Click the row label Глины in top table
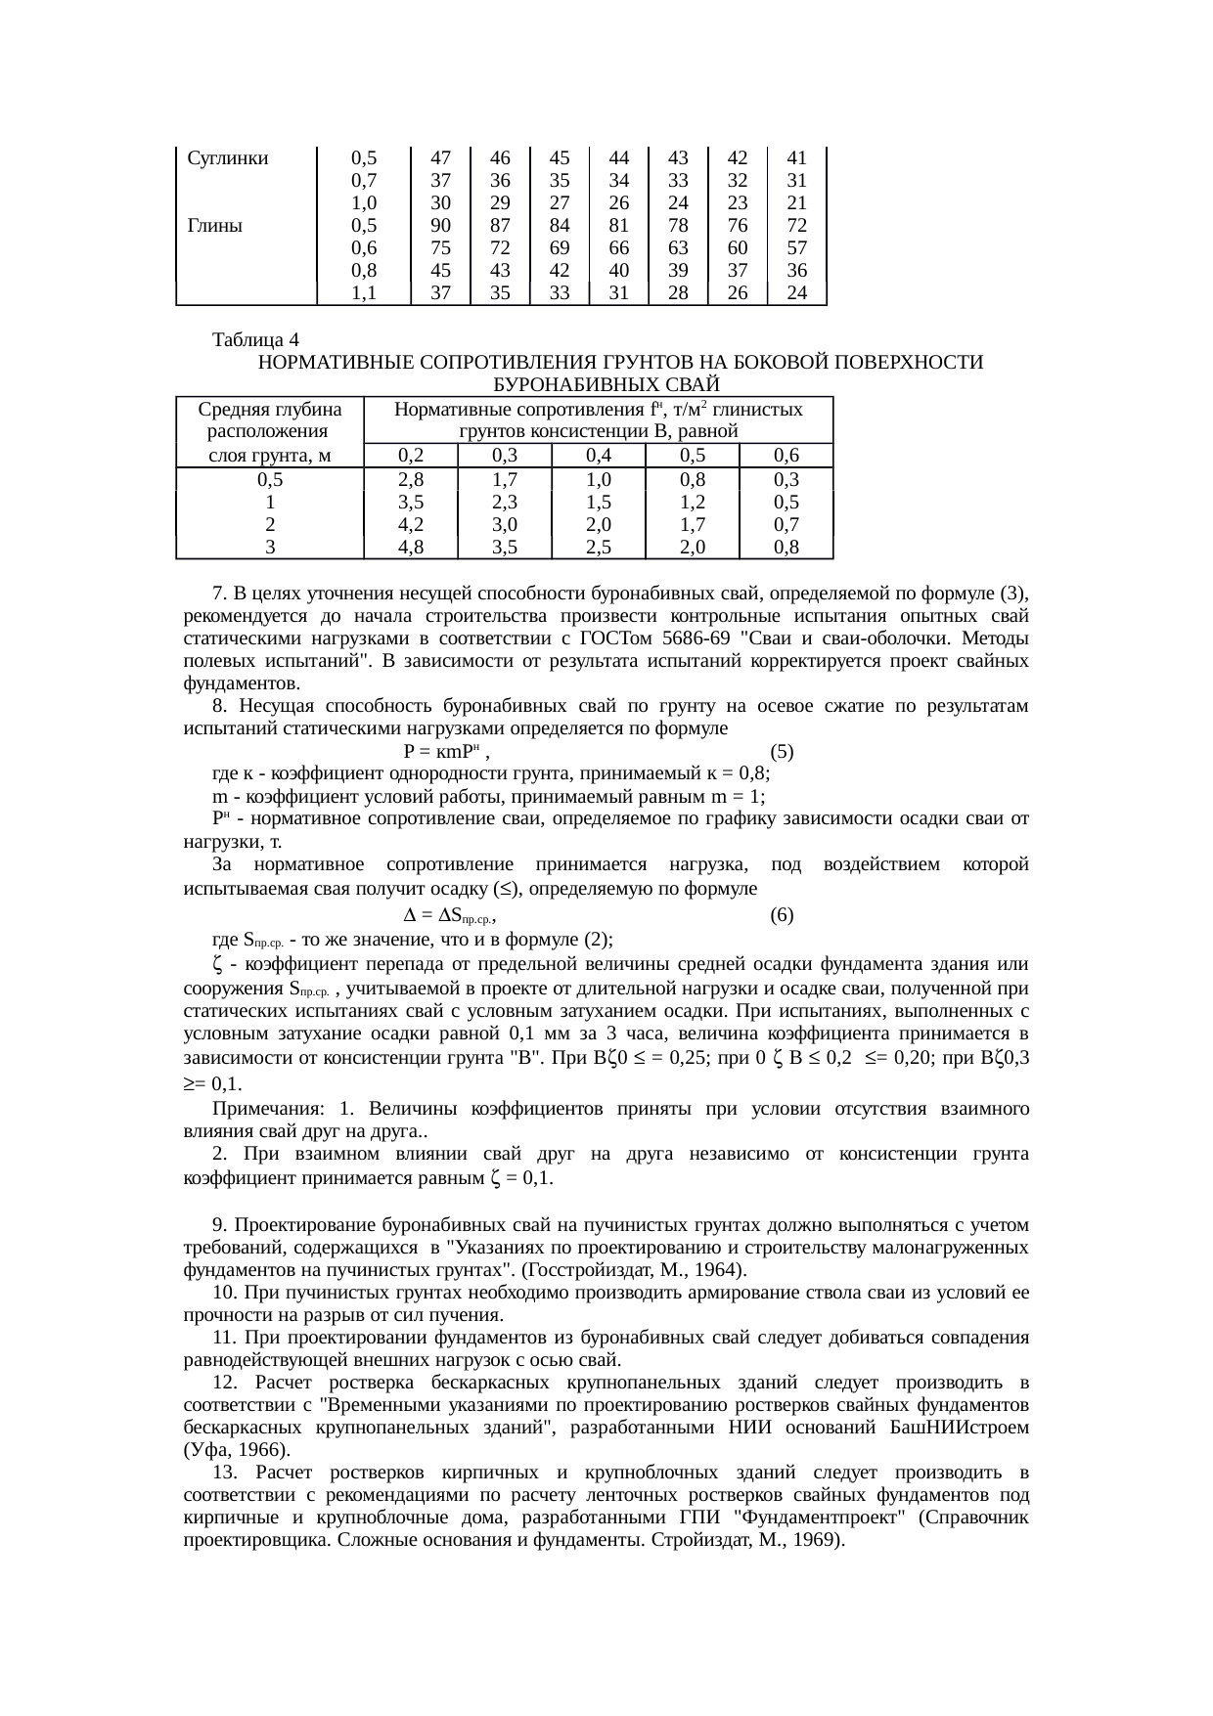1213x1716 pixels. coord(214,225)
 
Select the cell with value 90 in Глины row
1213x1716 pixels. coord(440,225)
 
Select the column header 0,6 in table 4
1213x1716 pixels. coord(786,455)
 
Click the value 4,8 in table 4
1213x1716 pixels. coord(411,547)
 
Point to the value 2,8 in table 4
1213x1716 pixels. coord(411,479)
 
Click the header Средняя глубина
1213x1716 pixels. coord(270,409)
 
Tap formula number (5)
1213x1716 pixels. coord(782,752)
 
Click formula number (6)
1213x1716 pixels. coord(782,915)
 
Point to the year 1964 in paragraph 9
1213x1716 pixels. coord(723,1270)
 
